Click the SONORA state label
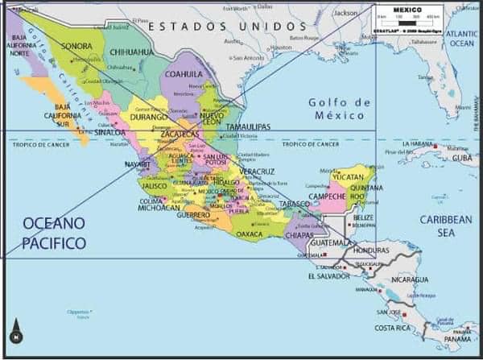pyautogui.click(x=76, y=47)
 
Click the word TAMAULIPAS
pyautogui.click(x=246, y=127)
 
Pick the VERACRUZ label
pyautogui.click(x=258, y=172)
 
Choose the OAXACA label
pyautogui.click(x=249, y=234)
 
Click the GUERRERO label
pyautogui.click(x=194, y=215)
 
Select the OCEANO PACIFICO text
pyautogui.click(x=54, y=233)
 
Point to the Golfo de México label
pyautogui.click(x=339, y=109)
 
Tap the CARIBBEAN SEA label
pyautogui.click(x=446, y=226)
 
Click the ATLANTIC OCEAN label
pyautogui.click(x=461, y=38)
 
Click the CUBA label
pyautogui.click(x=461, y=158)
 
